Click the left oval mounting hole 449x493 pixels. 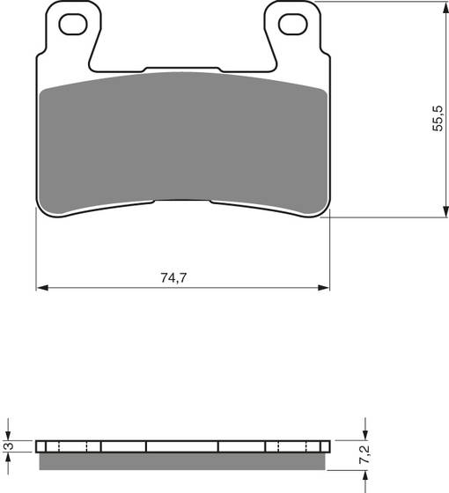[x=69, y=25]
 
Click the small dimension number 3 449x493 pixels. [x=10, y=447]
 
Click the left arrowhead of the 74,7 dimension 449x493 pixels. [x=40, y=287]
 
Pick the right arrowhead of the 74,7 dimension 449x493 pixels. [x=324, y=287]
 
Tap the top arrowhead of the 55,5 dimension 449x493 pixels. [x=438, y=6]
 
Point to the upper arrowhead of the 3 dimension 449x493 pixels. [x=10, y=435]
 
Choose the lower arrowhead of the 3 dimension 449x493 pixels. [x=10, y=458]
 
